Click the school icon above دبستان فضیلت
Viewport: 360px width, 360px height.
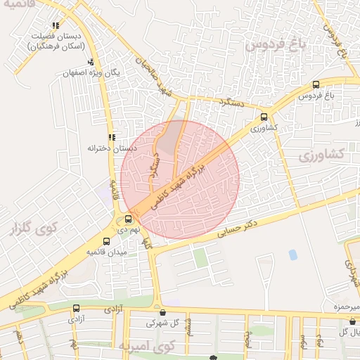(x=56, y=26)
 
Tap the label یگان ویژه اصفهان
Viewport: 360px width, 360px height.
(x=75, y=72)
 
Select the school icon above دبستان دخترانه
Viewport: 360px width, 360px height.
(x=111, y=138)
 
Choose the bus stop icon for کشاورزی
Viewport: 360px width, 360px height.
(x=264, y=117)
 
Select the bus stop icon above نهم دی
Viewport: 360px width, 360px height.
(x=127, y=219)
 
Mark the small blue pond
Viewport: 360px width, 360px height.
(x=292, y=254)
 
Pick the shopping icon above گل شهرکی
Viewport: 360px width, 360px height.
(x=163, y=313)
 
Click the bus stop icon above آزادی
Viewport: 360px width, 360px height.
(x=76, y=308)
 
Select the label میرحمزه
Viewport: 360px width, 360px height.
(x=345, y=308)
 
